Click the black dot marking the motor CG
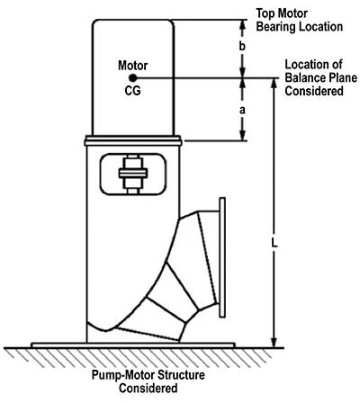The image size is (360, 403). click(x=133, y=78)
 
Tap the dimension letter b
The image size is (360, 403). click(x=242, y=47)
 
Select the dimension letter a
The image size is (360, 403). click(x=242, y=111)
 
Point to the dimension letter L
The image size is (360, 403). click(x=274, y=243)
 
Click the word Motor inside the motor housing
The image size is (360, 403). click(x=133, y=66)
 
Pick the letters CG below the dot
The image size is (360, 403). click(x=132, y=91)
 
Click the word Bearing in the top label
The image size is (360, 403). click(x=274, y=27)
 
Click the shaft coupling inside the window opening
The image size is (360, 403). click(x=133, y=174)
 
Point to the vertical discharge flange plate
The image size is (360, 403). click(x=222, y=257)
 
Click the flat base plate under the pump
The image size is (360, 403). click(x=133, y=345)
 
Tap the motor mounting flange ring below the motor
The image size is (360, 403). click(x=133, y=140)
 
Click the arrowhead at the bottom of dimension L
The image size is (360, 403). click(x=274, y=342)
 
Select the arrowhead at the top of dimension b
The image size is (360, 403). click(x=243, y=25)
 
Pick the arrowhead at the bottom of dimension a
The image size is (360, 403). click(x=243, y=135)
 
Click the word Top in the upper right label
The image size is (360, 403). click(x=265, y=13)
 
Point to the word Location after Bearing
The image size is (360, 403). click(x=319, y=27)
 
